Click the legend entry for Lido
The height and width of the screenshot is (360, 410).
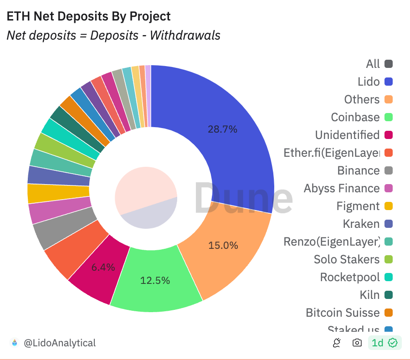click(x=369, y=82)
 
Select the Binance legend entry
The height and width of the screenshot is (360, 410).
click(x=358, y=170)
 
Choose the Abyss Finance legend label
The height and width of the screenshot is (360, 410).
click(x=342, y=188)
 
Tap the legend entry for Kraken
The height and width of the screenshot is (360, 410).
click(x=361, y=224)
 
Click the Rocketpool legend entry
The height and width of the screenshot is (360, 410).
click(x=350, y=277)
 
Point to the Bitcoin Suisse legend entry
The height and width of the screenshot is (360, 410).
click(x=343, y=313)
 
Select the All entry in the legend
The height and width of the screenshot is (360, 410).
click(x=373, y=64)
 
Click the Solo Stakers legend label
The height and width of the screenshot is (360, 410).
click(x=347, y=259)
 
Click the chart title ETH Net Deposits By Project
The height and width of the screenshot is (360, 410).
click(x=88, y=16)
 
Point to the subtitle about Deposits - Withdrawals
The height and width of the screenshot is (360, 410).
click(x=113, y=35)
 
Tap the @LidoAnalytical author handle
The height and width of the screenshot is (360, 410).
click(x=59, y=343)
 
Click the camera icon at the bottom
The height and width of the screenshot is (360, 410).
click(x=358, y=343)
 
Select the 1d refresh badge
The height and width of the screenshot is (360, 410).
click(x=384, y=343)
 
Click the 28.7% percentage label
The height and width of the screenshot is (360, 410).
click(x=222, y=129)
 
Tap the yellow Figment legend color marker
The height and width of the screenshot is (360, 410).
click(x=389, y=206)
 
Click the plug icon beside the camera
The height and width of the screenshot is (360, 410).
click(x=337, y=343)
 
